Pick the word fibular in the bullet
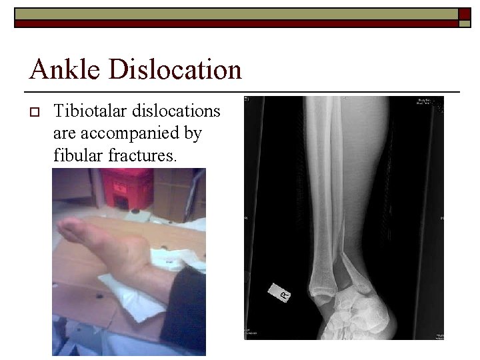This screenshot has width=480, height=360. (75, 157)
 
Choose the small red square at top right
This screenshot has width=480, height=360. (464, 13)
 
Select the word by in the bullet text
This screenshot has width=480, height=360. (192, 134)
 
